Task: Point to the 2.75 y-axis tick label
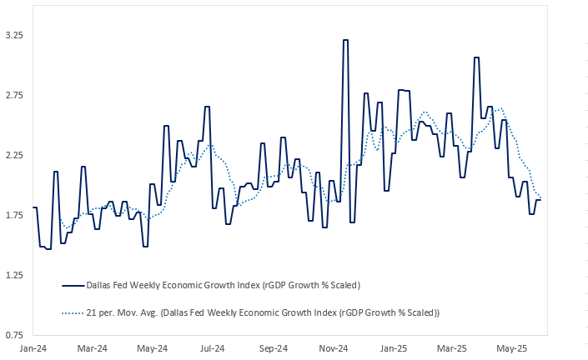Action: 13,95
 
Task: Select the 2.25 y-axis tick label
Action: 13,155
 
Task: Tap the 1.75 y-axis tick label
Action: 13,215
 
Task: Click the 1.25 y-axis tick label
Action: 13,275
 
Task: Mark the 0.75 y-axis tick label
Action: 13,335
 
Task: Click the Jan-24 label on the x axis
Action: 33,348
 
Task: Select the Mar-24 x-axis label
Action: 92,348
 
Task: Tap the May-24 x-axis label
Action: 152,348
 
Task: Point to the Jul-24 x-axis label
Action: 212,348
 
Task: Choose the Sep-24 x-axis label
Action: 273,348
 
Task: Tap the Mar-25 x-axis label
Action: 451,348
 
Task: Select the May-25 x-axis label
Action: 511,348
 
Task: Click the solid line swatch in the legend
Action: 73,285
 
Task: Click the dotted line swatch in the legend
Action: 73,312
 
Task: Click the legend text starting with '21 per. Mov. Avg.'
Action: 263,312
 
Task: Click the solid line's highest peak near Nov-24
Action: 345,40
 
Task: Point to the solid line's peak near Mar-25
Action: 476,57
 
